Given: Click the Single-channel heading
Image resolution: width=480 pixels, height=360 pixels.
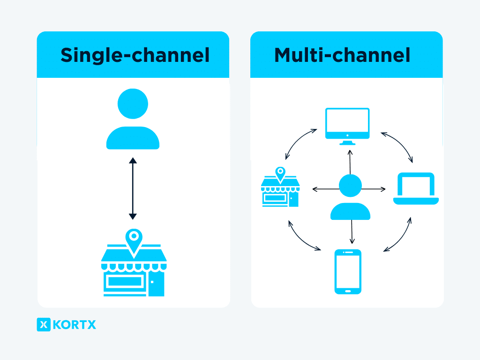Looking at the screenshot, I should point(135,55).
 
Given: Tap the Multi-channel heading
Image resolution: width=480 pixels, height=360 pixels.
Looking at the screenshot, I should point(342,55).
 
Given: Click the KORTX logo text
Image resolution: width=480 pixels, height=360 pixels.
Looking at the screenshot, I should point(75,324).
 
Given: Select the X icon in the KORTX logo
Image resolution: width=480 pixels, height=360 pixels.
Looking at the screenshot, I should point(44,324).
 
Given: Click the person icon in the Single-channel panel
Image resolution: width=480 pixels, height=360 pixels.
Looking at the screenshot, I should point(133,120).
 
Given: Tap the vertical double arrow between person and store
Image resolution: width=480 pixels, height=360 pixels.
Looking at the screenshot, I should point(133,188).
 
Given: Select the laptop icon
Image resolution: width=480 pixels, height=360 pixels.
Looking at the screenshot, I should point(416,188).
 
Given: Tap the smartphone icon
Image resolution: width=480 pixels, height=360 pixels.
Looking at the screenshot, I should point(348,271).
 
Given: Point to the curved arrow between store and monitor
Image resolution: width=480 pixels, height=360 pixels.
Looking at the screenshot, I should point(298,141).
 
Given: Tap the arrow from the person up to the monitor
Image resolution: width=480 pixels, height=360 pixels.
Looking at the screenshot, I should point(350,162).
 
